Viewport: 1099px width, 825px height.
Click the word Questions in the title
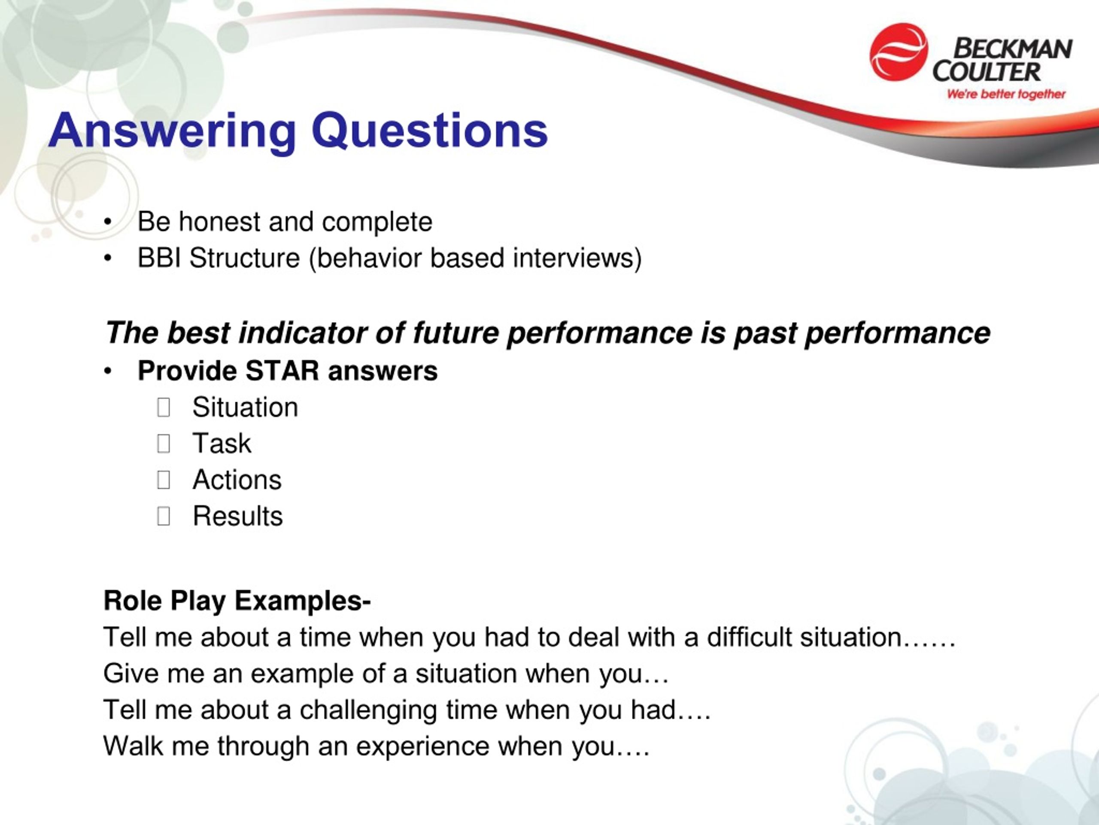[430, 131]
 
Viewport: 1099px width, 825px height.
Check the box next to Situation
[164, 407]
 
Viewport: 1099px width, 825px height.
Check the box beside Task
[164, 443]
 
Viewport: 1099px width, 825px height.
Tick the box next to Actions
[164, 480]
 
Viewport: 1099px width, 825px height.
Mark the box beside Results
[164, 516]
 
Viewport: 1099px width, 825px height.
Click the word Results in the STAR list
[237, 516]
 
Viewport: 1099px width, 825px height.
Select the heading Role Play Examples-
[237, 601]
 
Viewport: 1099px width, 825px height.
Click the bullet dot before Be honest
[108, 222]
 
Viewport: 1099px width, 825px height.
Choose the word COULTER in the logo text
[986, 72]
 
